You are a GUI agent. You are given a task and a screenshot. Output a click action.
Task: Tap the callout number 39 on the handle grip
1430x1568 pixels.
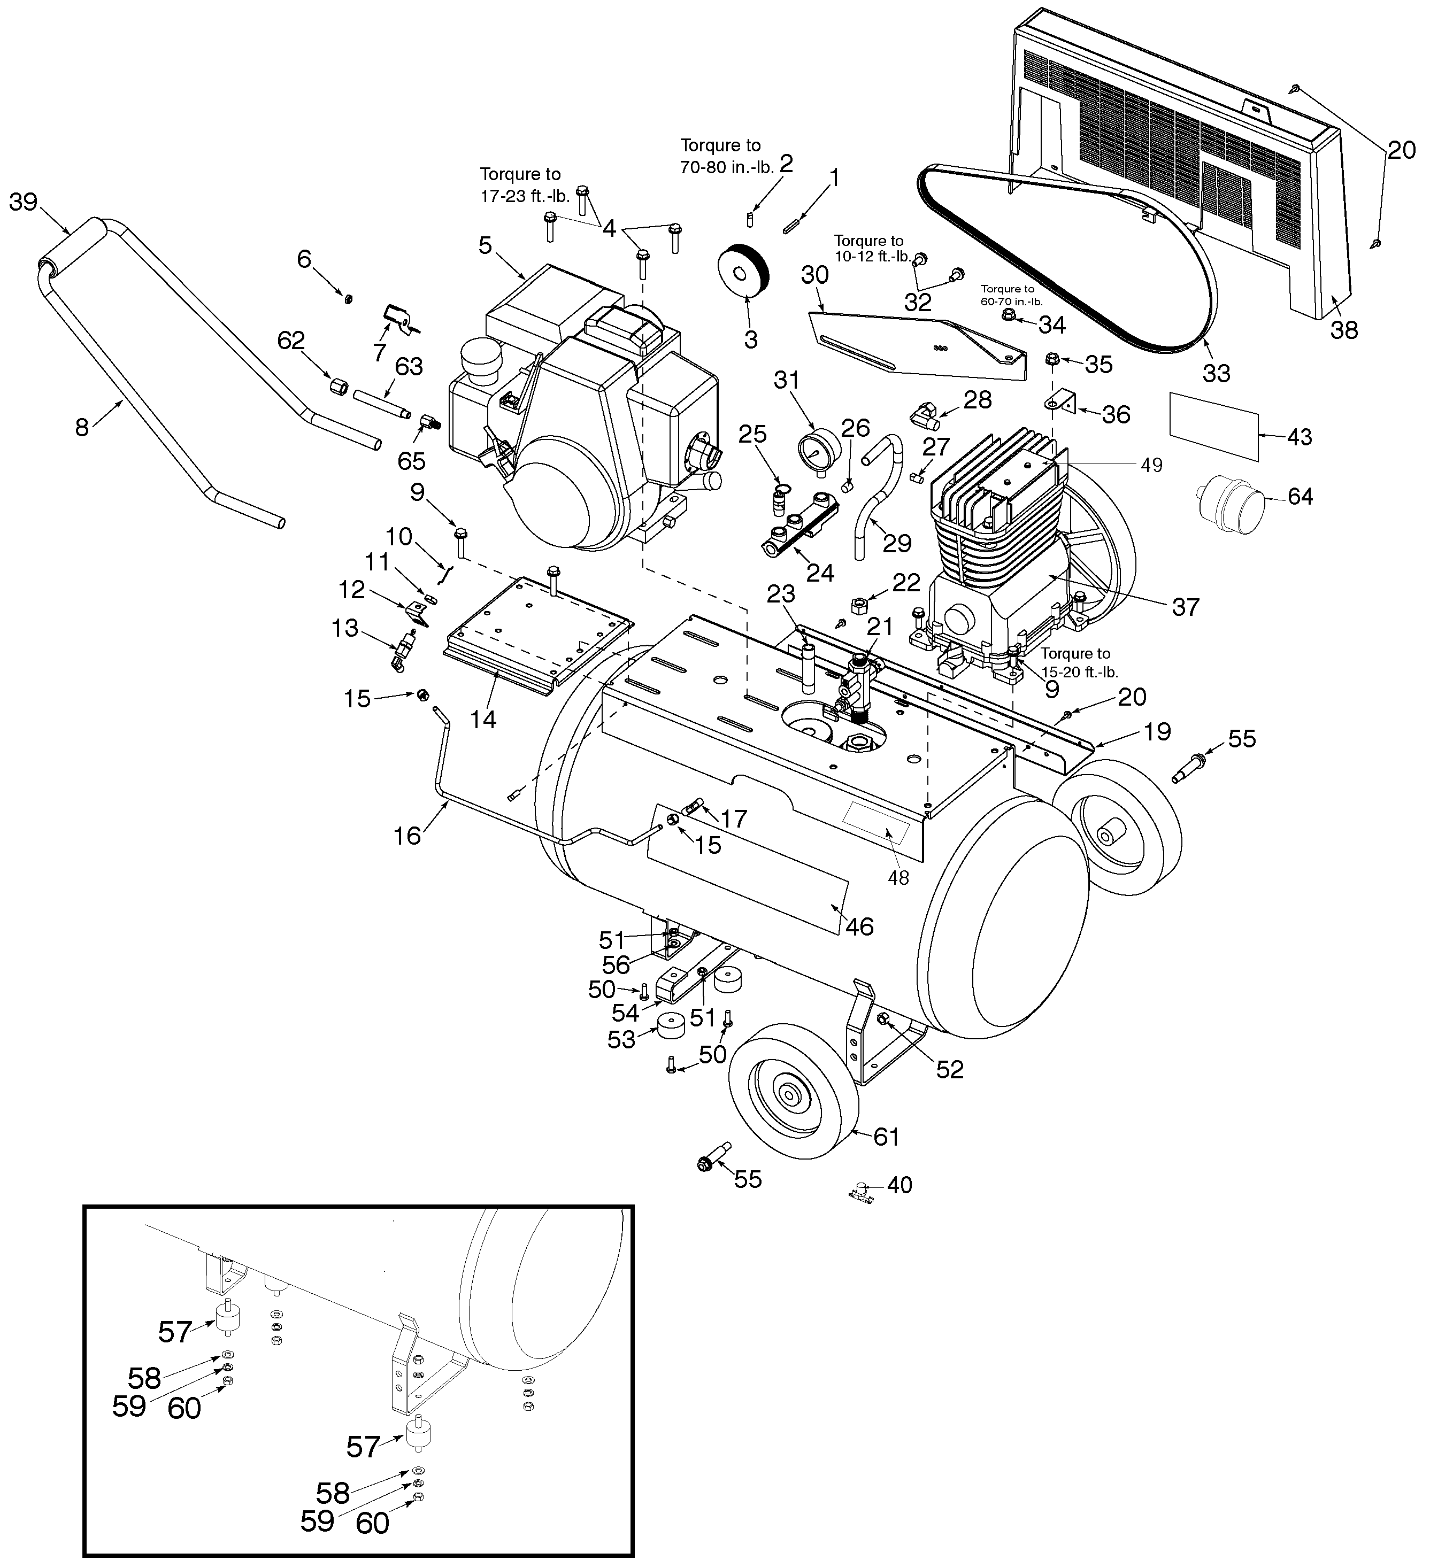point(24,202)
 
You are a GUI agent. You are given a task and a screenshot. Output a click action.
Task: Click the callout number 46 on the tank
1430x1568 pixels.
point(860,926)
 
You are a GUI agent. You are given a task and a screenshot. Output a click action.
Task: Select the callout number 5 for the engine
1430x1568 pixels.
point(485,246)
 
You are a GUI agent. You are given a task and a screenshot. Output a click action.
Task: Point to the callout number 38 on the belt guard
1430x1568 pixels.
point(1344,330)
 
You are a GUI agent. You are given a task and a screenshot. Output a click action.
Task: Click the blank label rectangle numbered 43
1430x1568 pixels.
point(1214,426)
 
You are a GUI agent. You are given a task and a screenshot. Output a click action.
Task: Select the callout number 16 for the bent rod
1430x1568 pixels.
point(408,836)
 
